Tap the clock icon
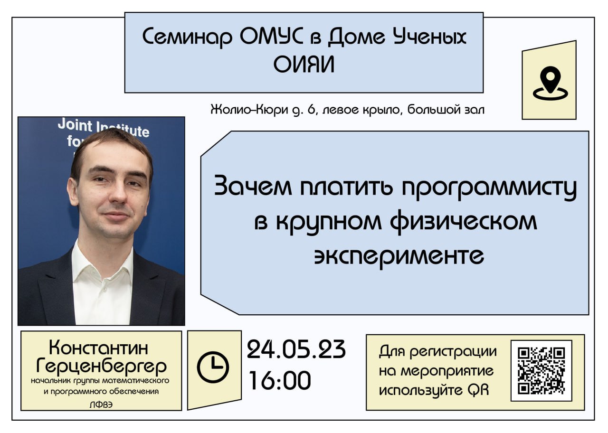click(213, 367)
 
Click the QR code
click(541, 371)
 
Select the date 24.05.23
click(296, 350)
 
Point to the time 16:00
click(280, 380)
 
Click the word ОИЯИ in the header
click(304, 65)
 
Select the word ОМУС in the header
click(271, 36)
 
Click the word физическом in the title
click(464, 222)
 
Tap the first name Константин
click(98, 348)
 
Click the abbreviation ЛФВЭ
click(101, 405)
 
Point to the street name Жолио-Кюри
click(249, 110)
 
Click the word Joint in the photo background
click(75, 125)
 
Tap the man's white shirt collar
click(103, 261)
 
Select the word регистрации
click(453, 352)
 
